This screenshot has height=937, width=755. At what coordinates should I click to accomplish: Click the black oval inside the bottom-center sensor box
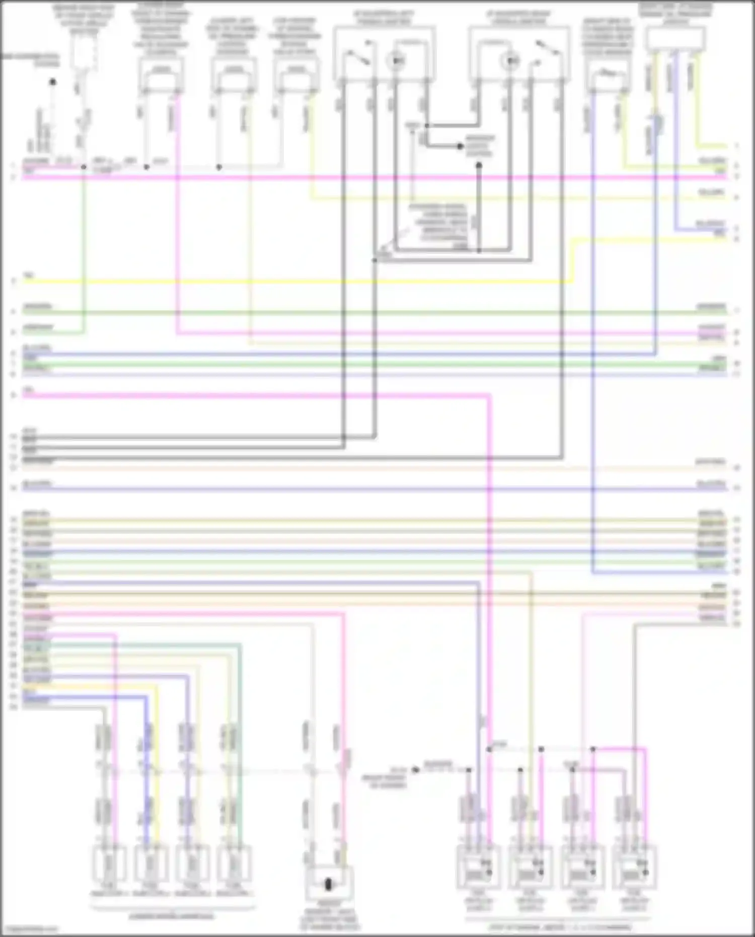pyautogui.click(x=329, y=884)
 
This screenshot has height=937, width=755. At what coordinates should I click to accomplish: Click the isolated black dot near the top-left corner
pyautogui.click(x=52, y=82)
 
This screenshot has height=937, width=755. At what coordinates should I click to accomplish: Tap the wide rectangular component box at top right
pyautogui.click(x=675, y=39)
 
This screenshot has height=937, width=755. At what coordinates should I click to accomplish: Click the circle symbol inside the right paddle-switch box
pyautogui.click(x=511, y=61)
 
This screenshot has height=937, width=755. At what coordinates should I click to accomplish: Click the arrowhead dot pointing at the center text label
pyautogui.click(x=460, y=147)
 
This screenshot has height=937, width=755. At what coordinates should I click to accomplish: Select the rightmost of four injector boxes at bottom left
pyautogui.click(x=235, y=864)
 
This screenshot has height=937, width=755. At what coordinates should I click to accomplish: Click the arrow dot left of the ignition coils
pyautogui.click(x=415, y=770)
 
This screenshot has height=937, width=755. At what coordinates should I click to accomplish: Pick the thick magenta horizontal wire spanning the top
pyautogui.click(x=372, y=177)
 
